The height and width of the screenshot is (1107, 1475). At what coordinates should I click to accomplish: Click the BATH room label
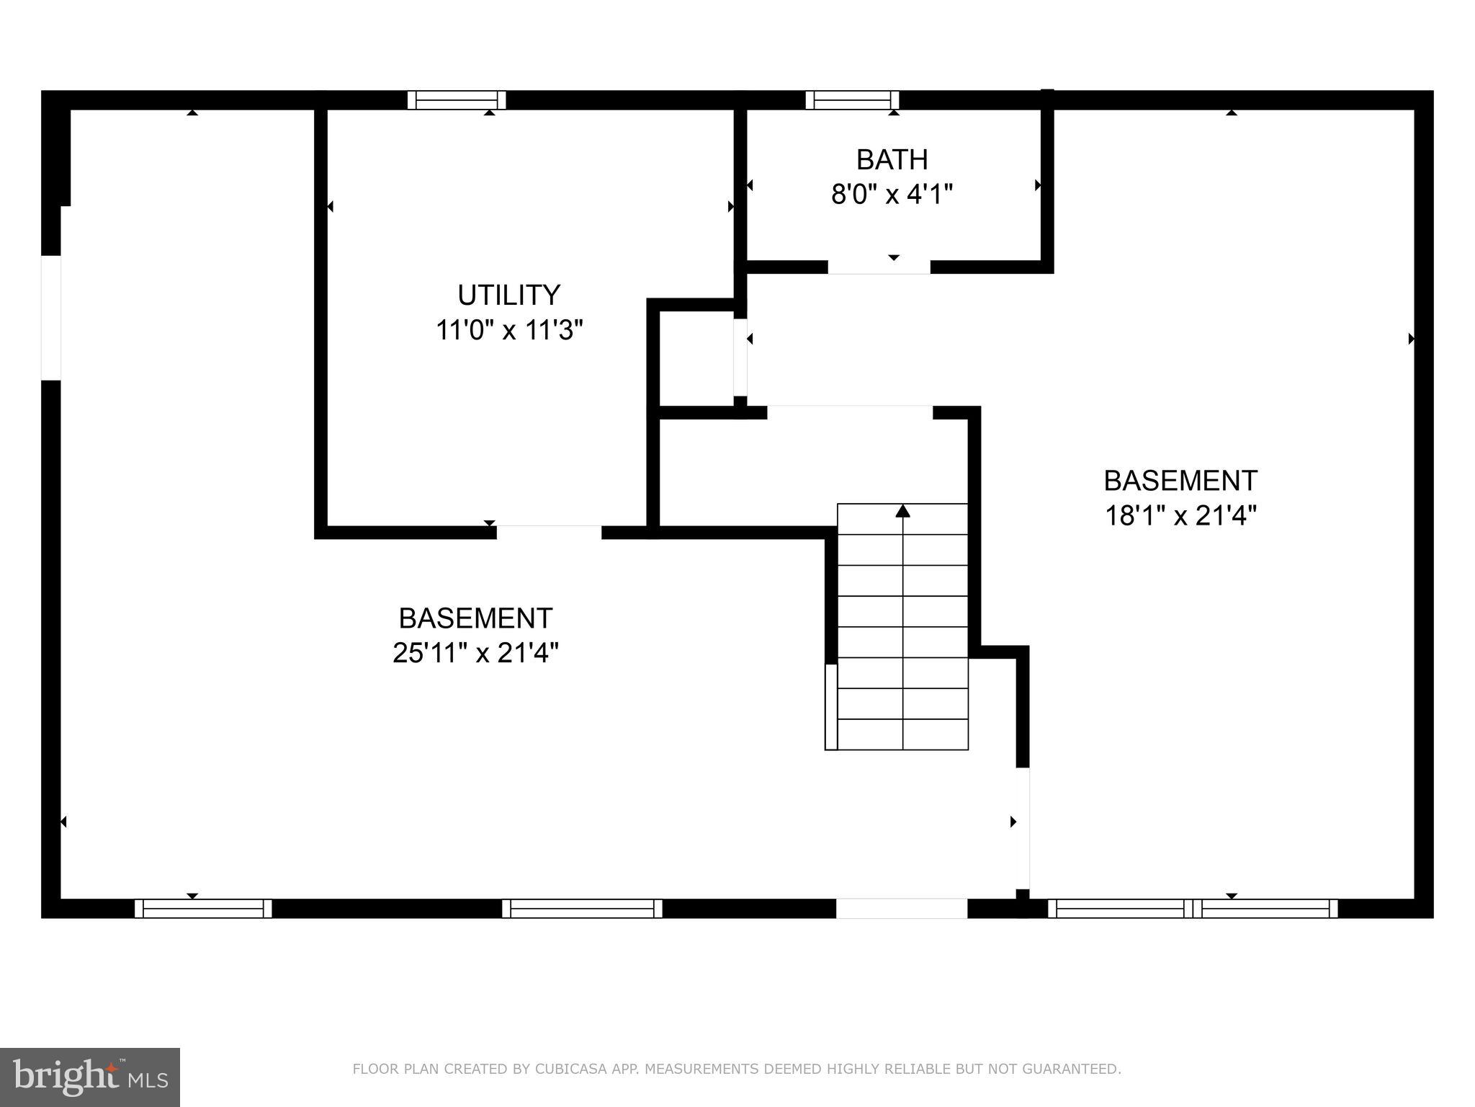pyautogui.click(x=892, y=159)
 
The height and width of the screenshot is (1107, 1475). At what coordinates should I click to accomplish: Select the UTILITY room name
pyautogui.click(x=508, y=295)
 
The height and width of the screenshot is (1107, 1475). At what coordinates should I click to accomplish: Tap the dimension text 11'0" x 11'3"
pyautogui.click(x=508, y=331)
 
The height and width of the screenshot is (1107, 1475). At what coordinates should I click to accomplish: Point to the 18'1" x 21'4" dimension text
pyautogui.click(x=1180, y=516)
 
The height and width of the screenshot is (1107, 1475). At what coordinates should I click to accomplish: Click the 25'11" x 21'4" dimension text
pyautogui.click(x=475, y=654)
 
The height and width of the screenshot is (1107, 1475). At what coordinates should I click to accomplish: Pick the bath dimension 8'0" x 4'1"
pyautogui.click(x=892, y=195)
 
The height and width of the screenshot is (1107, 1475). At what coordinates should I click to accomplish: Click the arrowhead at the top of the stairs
pyautogui.click(x=902, y=511)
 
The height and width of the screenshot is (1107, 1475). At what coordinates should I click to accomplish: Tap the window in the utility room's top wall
pyautogui.click(x=457, y=100)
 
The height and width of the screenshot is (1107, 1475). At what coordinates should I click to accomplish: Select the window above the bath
pyautogui.click(x=852, y=100)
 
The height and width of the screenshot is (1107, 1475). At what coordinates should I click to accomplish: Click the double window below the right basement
pyautogui.click(x=1192, y=908)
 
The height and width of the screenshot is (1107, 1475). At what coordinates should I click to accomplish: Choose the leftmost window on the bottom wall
pyautogui.click(x=203, y=908)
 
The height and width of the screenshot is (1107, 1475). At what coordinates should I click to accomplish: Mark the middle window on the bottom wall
pyautogui.click(x=582, y=908)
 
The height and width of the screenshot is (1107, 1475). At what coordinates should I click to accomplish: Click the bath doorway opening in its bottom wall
pyautogui.click(x=879, y=267)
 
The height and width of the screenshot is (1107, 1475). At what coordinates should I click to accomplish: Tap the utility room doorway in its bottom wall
pyautogui.click(x=549, y=533)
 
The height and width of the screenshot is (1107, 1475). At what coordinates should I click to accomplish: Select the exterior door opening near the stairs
pyautogui.click(x=901, y=908)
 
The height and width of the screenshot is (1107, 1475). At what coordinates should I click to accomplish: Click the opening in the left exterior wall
pyautogui.click(x=50, y=317)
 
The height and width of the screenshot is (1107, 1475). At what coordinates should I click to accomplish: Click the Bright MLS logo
pyautogui.click(x=90, y=1077)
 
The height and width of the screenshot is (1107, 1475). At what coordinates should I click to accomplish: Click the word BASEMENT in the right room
pyautogui.click(x=1180, y=481)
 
